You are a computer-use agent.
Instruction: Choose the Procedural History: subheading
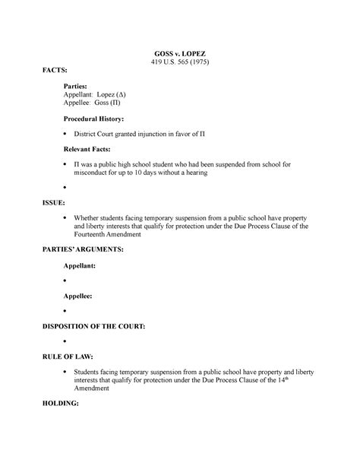(100, 119)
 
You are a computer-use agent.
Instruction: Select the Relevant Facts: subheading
(93, 148)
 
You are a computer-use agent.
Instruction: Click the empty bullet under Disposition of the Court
(66, 343)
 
